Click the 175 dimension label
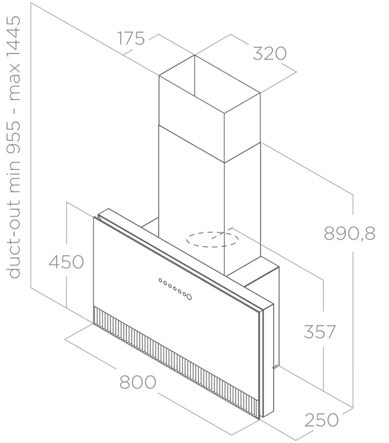(131, 38)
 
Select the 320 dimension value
(270, 53)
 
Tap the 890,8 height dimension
(349, 233)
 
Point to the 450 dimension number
(66, 262)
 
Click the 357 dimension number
(319, 332)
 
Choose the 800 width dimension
(138, 382)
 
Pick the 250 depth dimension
(321, 420)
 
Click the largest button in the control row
(189, 297)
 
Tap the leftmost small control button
(160, 281)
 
